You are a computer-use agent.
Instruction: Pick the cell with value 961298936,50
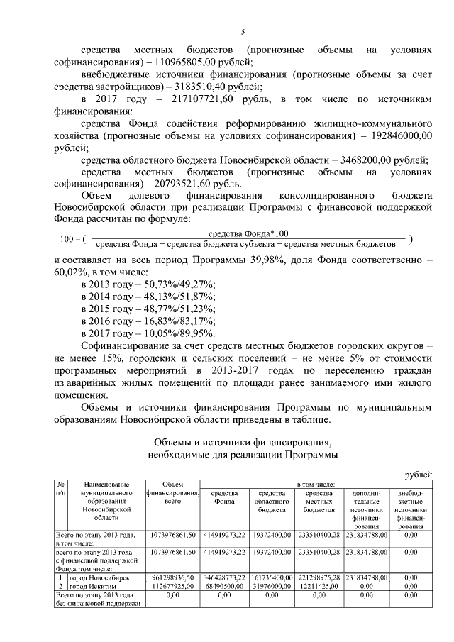click(172, 579)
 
